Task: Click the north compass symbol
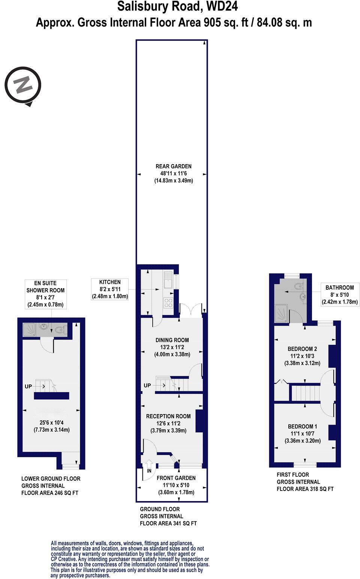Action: tap(23, 85)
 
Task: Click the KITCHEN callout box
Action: tap(110, 289)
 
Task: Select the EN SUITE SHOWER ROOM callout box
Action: tap(45, 294)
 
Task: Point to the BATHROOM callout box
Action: tap(339, 295)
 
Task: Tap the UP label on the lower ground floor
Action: tap(28, 386)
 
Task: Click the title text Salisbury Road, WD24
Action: tap(177, 7)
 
